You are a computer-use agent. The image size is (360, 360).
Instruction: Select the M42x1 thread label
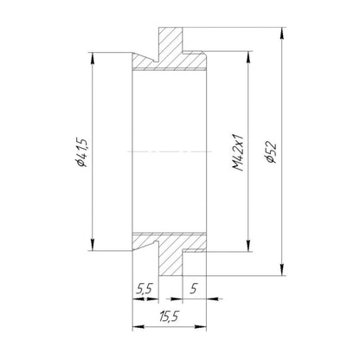[238, 152]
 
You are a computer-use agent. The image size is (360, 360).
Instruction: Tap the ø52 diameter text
[271, 152]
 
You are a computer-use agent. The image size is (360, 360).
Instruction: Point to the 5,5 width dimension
[145, 288]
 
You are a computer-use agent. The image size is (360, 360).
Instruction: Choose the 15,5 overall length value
[169, 317]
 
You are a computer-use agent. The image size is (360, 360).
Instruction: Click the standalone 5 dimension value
[194, 288]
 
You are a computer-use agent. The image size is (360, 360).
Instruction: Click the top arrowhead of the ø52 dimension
[282, 33]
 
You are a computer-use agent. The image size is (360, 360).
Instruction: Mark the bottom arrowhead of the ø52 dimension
[282, 270]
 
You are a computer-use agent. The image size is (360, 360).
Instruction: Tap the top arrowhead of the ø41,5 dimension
[93, 58]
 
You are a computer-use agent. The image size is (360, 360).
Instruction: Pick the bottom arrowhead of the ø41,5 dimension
[93, 245]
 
